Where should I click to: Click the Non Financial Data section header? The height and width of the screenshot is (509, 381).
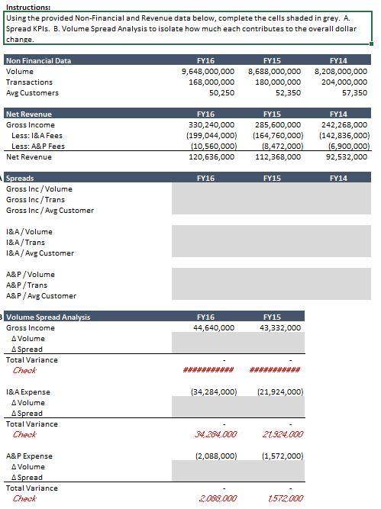[x=38, y=60]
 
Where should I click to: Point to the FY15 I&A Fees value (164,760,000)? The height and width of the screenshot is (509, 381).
[x=276, y=135]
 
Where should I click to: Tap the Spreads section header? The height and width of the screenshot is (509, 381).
[x=20, y=178]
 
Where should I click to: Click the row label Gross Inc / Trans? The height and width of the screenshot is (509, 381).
[x=38, y=199]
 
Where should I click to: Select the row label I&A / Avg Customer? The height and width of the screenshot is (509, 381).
[x=41, y=253]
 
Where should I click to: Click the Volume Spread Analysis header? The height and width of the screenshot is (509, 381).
[x=48, y=317]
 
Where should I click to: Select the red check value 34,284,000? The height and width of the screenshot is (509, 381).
[x=216, y=434]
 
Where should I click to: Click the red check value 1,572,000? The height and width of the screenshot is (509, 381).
[x=283, y=498]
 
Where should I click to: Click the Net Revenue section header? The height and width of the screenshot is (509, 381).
[x=28, y=114]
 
